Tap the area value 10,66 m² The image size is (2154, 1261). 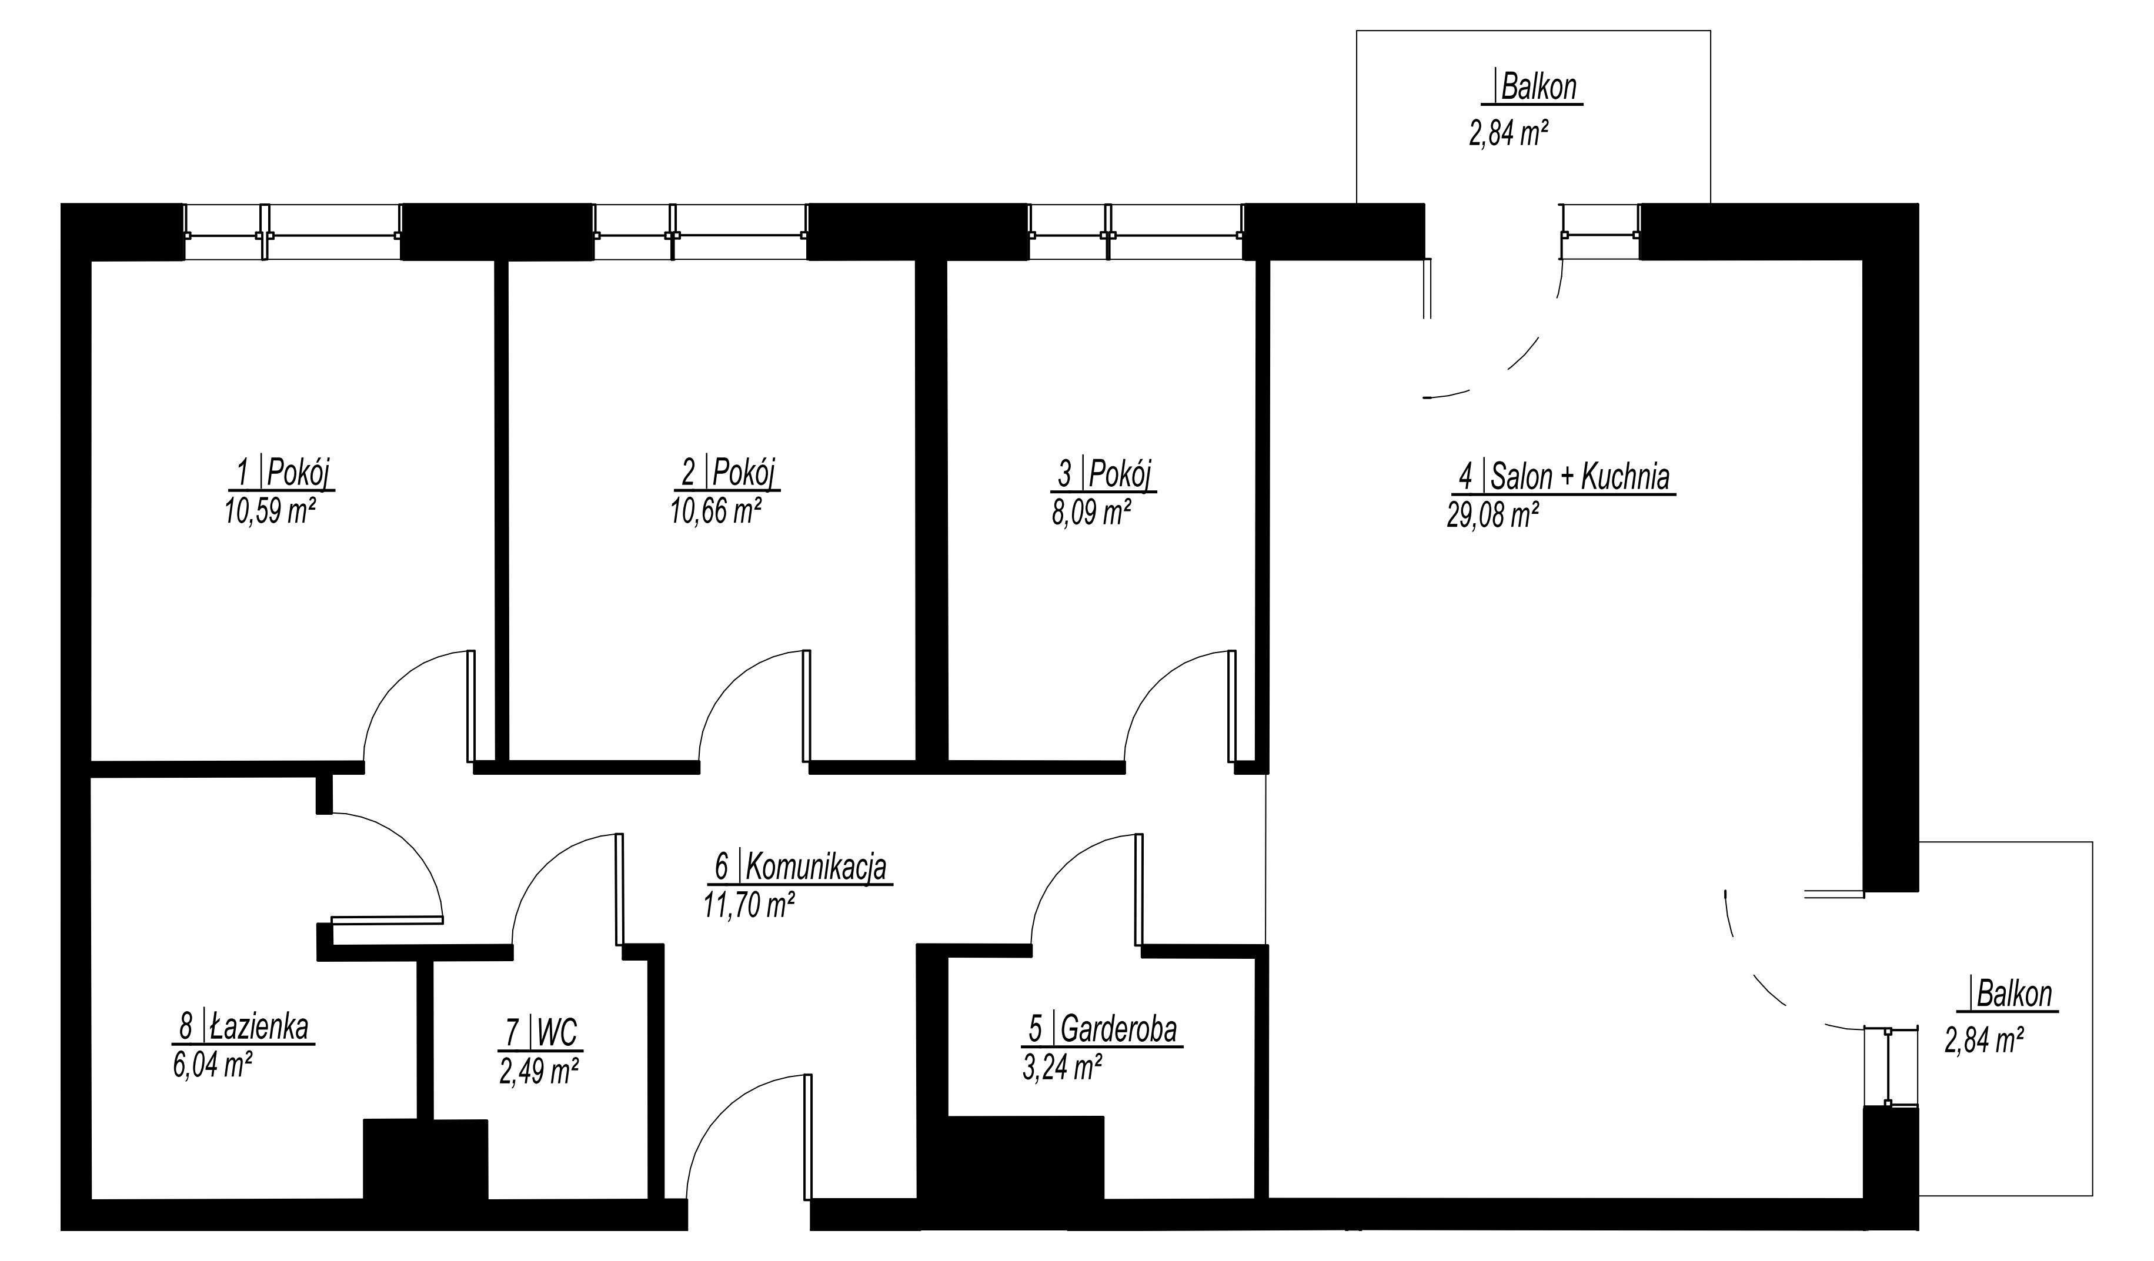pos(716,511)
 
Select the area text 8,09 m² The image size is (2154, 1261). pos(1091,513)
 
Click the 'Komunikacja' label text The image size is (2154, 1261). pos(816,867)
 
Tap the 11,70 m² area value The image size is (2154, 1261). pos(749,905)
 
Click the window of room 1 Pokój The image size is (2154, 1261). pos(292,232)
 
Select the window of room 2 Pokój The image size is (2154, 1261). pos(700,232)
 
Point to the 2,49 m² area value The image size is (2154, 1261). pos(540,1071)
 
